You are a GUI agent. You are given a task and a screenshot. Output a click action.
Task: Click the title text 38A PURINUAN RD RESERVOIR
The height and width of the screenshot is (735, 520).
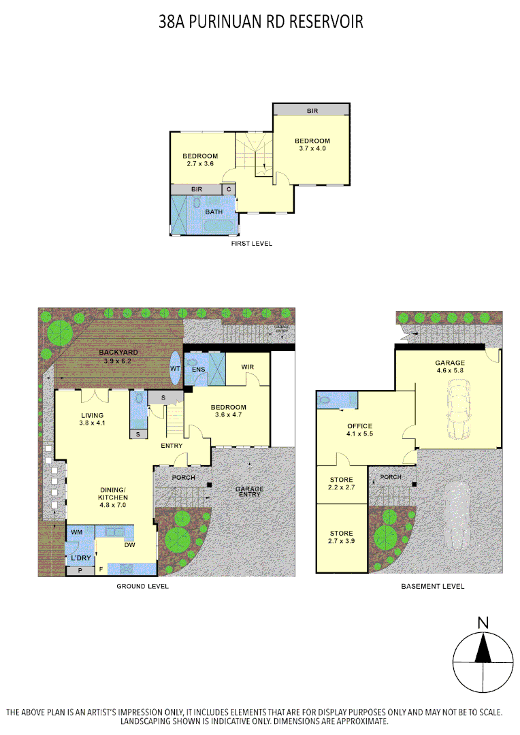click(x=261, y=22)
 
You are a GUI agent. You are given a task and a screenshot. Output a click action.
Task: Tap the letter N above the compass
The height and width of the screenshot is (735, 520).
click(x=483, y=622)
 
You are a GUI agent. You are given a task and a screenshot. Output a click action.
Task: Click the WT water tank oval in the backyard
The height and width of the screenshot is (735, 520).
click(x=175, y=368)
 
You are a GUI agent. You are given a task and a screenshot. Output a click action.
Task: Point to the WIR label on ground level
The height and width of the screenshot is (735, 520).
click(x=248, y=367)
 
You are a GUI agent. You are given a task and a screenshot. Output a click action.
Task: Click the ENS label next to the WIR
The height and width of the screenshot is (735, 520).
click(x=198, y=370)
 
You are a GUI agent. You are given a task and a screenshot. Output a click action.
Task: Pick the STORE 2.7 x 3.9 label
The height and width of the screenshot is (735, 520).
click(x=341, y=538)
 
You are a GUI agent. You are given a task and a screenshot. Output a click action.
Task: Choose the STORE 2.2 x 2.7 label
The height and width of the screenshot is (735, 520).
click(x=341, y=484)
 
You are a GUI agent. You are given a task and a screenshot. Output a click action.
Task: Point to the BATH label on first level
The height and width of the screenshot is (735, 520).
click(x=214, y=212)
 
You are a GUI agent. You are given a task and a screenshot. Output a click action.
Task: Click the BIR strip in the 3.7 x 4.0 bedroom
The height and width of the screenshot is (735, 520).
click(x=312, y=110)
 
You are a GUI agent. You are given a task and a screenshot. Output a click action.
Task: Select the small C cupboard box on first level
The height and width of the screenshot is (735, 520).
click(x=229, y=189)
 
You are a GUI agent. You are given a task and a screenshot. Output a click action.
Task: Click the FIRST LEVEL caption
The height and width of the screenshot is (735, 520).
click(x=252, y=243)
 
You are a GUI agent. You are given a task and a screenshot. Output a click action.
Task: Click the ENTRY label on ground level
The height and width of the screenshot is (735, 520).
click(x=172, y=446)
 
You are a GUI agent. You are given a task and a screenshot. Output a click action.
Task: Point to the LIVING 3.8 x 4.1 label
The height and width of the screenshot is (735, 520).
click(x=93, y=420)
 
